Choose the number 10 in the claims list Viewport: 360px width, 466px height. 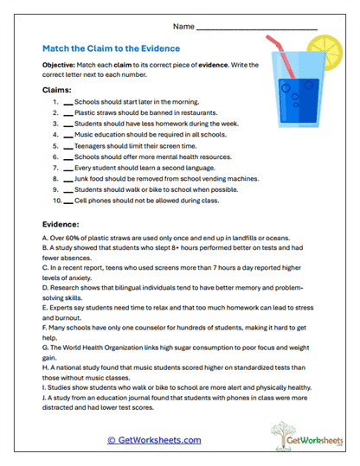pos(57,201)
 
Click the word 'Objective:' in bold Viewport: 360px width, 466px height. pos(61,66)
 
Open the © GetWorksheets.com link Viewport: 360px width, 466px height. pos(153,440)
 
